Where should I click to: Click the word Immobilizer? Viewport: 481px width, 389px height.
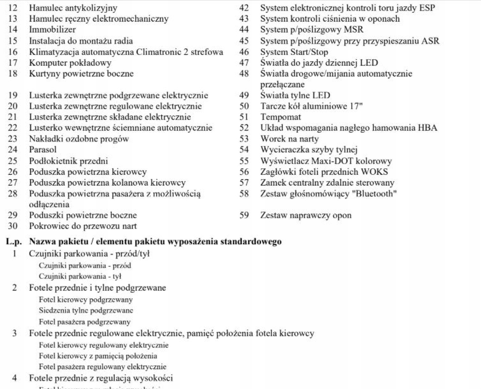(x=52, y=30)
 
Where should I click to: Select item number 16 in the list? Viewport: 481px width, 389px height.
(x=13, y=52)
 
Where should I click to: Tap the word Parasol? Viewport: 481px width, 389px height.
(x=42, y=150)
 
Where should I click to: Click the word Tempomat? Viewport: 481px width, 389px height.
(x=281, y=117)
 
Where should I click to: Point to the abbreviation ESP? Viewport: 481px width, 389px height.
(x=426, y=8)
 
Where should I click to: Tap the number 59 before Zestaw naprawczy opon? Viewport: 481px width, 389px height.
(x=244, y=216)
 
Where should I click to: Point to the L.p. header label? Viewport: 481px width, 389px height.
(x=14, y=242)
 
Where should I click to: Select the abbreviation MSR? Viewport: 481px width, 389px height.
(x=353, y=30)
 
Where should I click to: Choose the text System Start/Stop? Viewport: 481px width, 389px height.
(x=294, y=52)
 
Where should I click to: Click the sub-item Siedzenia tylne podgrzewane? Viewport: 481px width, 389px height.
(x=86, y=310)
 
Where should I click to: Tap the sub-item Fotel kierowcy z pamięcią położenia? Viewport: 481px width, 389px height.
(x=98, y=356)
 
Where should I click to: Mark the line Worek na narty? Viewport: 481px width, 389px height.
(x=289, y=139)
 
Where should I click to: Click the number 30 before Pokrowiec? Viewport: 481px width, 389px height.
(x=13, y=226)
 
